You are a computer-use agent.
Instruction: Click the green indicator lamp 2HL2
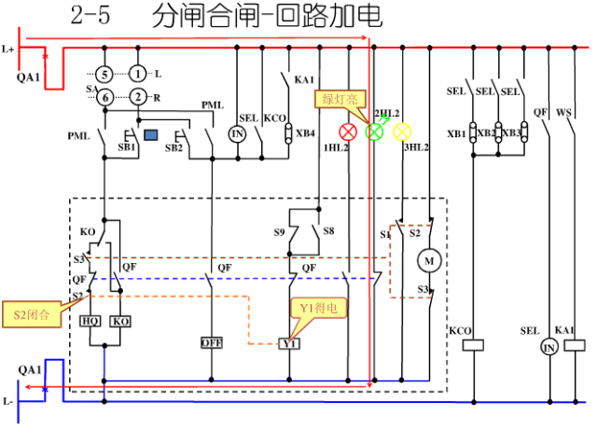click(x=375, y=131)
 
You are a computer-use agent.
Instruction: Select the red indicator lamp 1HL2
click(x=348, y=131)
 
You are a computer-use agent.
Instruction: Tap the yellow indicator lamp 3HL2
click(x=402, y=131)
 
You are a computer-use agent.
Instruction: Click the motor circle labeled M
click(x=429, y=257)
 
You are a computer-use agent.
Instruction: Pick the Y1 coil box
click(x=290, y=343)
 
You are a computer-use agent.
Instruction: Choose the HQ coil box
click(x=90, y=321)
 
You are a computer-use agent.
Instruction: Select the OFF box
click(x=213, y=342)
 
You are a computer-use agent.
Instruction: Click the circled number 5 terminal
click(x=106, y=74)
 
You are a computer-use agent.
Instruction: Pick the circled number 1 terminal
click(x=138, y=74)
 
